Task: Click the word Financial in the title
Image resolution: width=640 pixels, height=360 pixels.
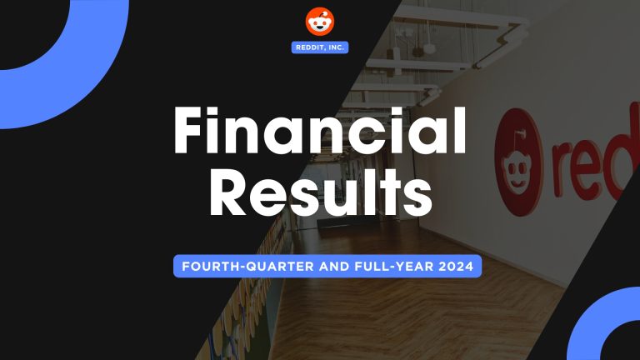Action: pyautogui.click(x=319, y=132)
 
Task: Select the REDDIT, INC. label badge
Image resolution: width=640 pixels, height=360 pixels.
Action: pyautogui.click(x=320, y=47)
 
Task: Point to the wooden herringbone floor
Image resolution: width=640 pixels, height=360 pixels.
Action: pyautogui.click(x=417, y=325)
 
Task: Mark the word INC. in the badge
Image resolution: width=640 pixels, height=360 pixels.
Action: pyautogui.click(x=336, y=47)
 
